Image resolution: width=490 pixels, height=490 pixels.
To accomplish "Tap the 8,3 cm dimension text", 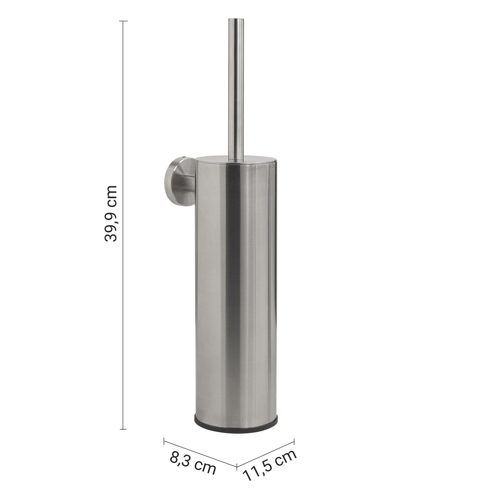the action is (x=193, y=463).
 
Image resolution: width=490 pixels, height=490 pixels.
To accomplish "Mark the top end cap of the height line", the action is (x=123, y=21).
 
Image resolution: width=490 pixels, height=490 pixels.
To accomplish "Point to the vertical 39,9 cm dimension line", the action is (x=123, y=225).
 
